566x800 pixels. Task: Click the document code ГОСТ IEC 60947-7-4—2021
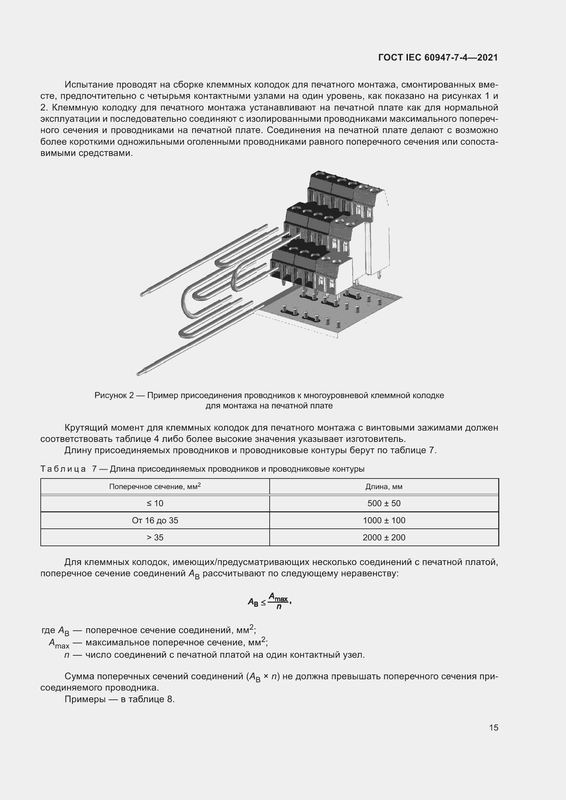click(x=438, y=57)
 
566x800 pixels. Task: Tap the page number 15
click(x=493, y=727)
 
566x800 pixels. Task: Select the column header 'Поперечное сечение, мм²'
click(x=155, y=486)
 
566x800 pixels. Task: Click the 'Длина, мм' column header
click(x=384, y=486)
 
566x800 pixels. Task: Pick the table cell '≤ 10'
click(x=155, y=503)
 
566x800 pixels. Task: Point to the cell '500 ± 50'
click(x=384, y=503)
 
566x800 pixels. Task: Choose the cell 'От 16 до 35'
click(x=155, y=520)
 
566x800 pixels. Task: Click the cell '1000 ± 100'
click(x=384, y=520)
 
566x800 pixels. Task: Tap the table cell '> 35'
click(x=155, y=537)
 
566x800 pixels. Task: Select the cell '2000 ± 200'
click(x=384, y=537)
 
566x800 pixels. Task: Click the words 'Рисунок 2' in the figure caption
click(x=114, y=395)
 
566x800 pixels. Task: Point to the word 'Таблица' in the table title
click(x=63, y=469)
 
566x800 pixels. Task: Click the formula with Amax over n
click(x=269, y=601)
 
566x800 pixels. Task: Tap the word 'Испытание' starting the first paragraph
click(x=89, y=85)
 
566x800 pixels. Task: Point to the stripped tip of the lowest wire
click(x=140, y=373)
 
